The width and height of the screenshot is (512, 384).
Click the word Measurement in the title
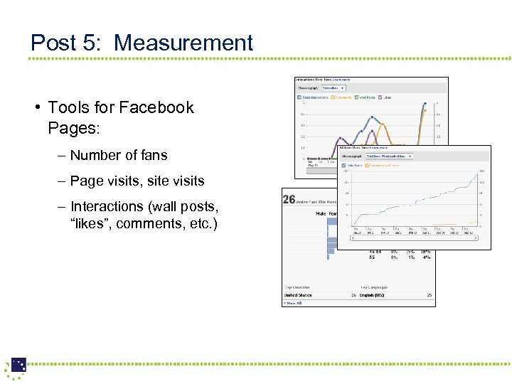coord(183,43)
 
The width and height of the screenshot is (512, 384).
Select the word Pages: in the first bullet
coord(74,129)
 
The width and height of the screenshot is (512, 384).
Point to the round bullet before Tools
coord(36,107)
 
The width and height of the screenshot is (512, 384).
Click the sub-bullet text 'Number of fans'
coord(119,155)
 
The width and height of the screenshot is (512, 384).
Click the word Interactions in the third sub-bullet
coord(107,206)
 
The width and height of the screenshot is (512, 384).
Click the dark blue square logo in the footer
coord(18,365)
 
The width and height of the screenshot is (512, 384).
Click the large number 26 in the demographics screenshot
coord(289,199)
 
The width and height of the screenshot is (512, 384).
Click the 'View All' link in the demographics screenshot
coord(294,303)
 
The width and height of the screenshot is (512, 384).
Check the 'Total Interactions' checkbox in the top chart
coord(299,97)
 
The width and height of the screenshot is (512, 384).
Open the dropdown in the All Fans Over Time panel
coord(388,156)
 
